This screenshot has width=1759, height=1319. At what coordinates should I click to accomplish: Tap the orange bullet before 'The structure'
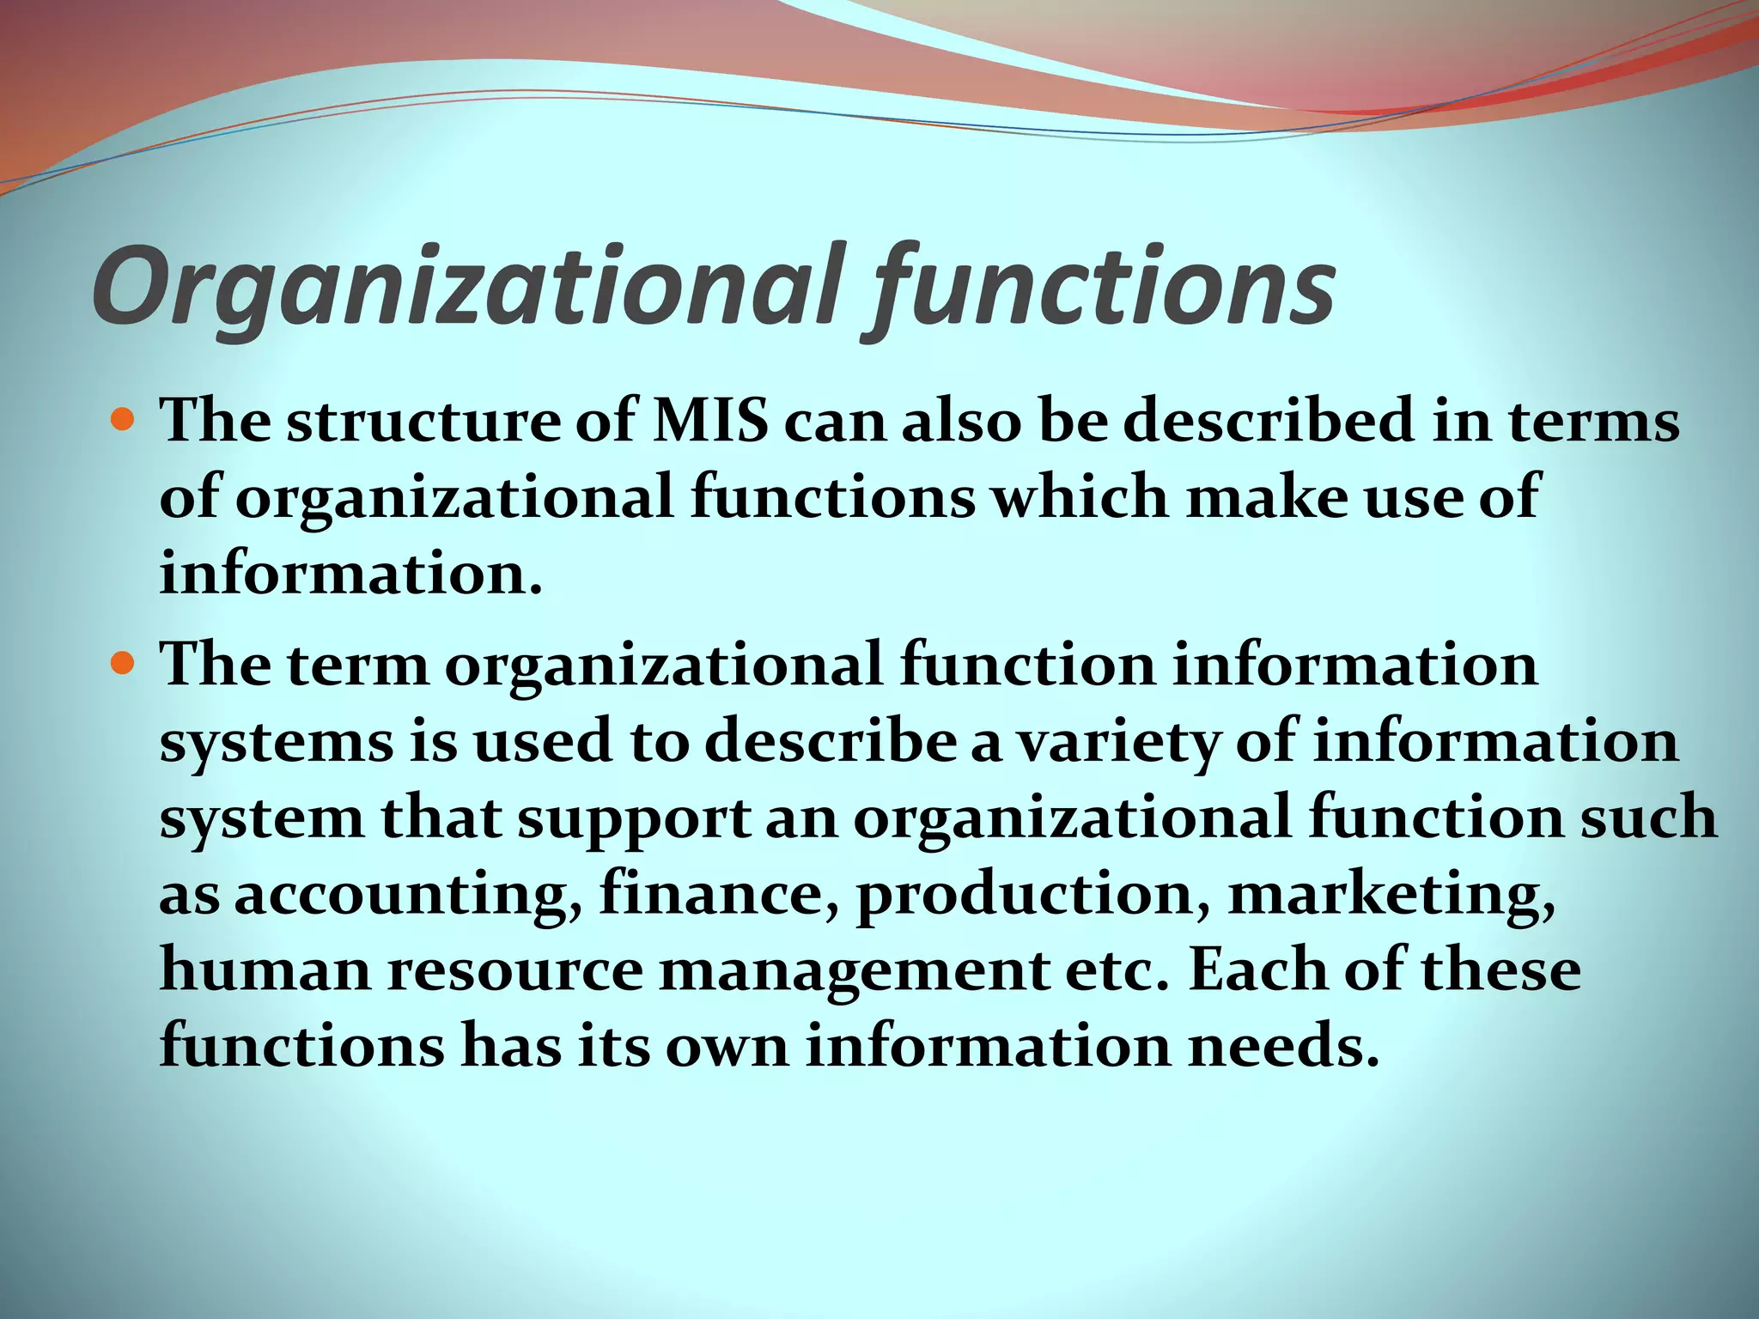(125, 421)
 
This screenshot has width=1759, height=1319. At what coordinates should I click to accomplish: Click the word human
(265, 970)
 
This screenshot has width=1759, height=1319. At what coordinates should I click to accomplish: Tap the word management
(855, 970)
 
